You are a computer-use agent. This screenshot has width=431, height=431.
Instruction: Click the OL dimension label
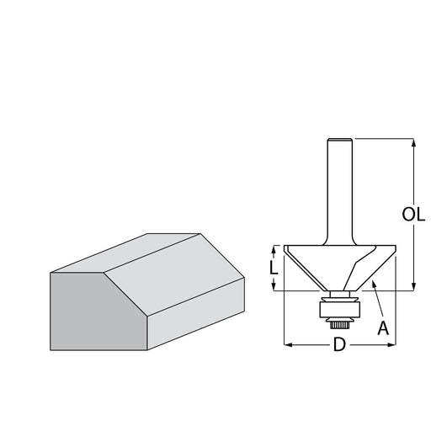tap(413, 215)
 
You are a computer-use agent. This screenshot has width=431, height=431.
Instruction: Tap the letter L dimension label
tap(274, 268)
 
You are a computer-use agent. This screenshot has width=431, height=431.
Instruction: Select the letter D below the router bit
tap(339, 344)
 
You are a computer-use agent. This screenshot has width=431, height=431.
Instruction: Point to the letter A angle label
tap(383, 328)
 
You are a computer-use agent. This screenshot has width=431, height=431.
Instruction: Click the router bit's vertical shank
tap(340, 192)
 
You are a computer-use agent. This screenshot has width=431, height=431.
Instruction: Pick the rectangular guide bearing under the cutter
tap(339, 310)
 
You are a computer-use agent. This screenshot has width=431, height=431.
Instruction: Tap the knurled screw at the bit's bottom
tap(339, 325)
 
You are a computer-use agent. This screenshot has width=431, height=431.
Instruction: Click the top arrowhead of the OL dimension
tap(413, 142)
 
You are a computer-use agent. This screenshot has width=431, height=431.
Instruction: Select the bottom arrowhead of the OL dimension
tap(413, 286)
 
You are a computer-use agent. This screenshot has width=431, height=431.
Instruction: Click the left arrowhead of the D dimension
tap(289, 344)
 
